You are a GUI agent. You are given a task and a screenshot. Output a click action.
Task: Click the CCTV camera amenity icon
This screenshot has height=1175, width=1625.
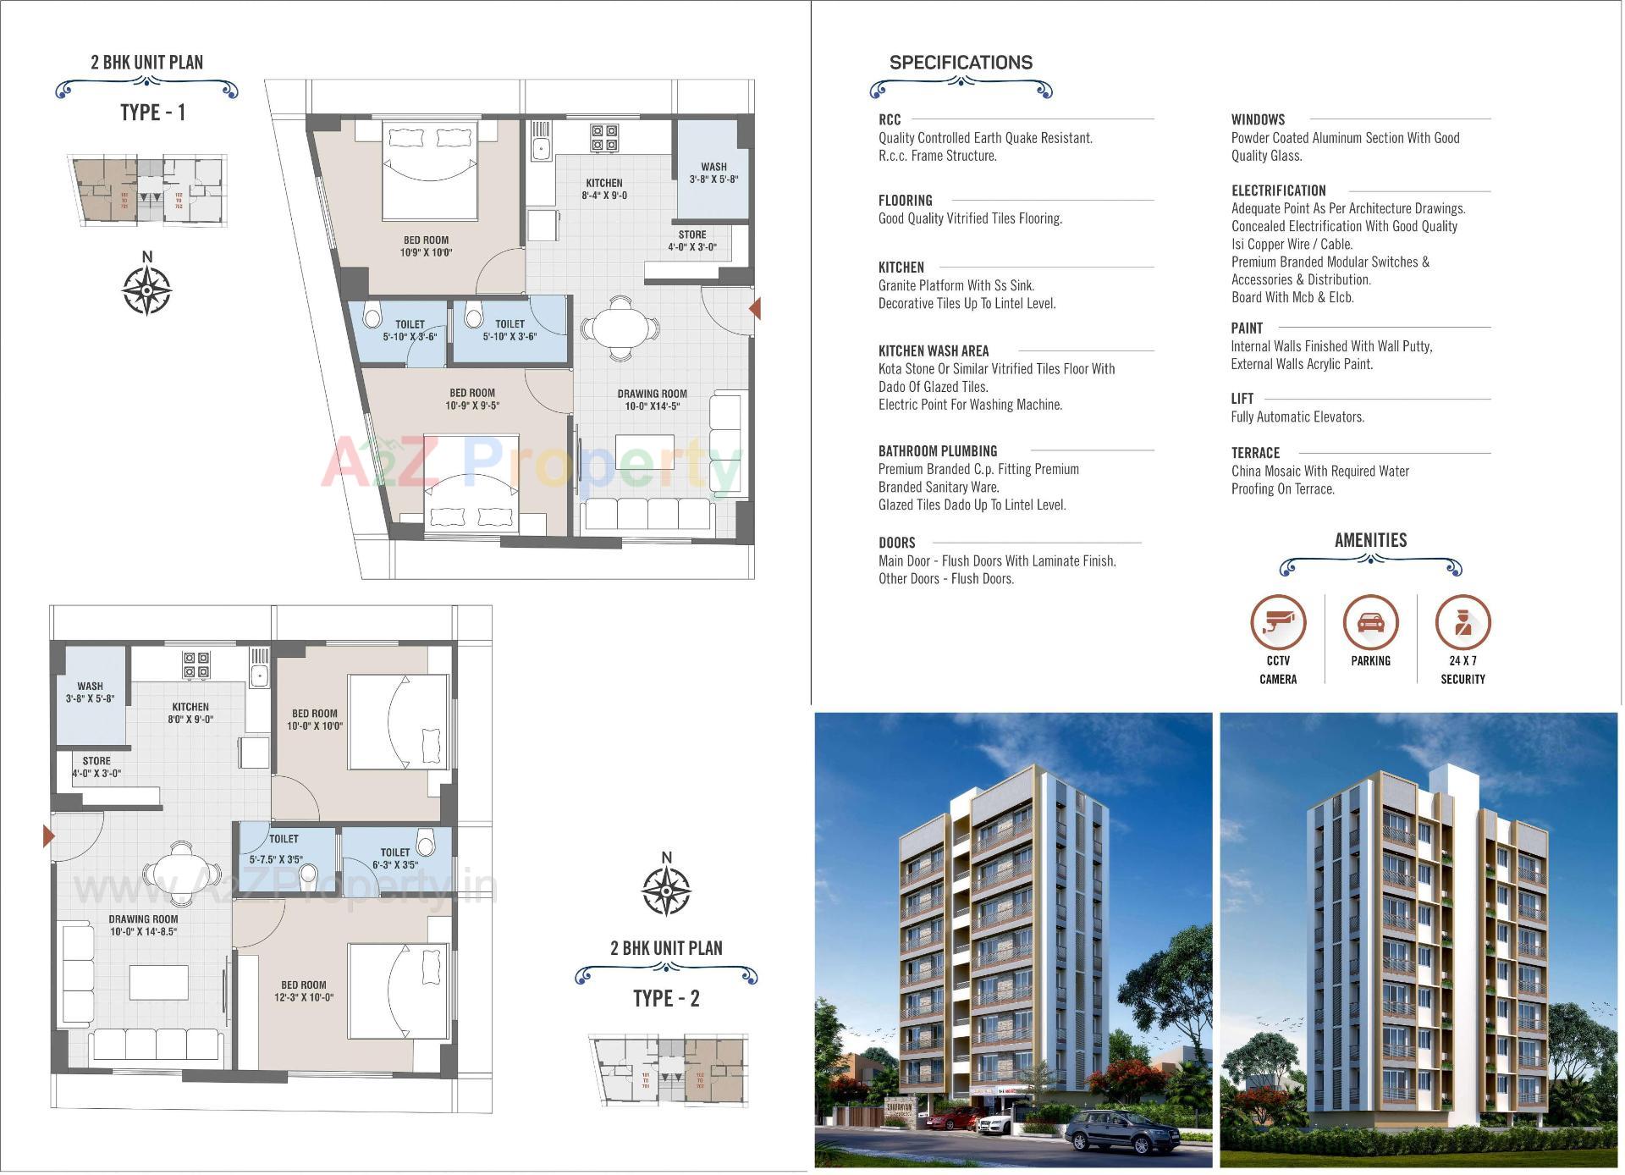[1278, 622]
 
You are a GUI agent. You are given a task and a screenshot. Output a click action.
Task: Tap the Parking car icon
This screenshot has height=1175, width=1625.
[1370, 622]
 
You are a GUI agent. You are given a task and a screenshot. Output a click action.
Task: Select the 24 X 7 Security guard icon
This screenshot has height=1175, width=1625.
[1462, 622]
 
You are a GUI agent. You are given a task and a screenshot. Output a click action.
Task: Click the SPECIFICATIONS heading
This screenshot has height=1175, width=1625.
[961, 63]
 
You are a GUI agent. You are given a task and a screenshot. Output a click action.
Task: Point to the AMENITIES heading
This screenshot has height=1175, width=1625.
[1370, 540]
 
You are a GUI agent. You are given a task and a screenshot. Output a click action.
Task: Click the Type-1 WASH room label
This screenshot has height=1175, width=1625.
[713, 167]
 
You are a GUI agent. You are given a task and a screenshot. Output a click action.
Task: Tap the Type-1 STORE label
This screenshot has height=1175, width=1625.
[691, 234]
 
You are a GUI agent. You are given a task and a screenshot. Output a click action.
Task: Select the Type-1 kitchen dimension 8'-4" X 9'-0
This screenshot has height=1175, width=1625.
[604, 196]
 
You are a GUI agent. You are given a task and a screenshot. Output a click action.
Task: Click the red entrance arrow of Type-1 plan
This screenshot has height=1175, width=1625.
[754, 309]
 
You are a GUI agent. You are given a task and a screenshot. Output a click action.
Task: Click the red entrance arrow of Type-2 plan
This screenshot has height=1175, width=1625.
[49, 837]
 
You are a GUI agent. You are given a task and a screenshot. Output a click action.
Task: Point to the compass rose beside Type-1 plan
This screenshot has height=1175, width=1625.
[147, 289]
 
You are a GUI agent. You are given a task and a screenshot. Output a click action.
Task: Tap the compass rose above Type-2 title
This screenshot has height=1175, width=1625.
[666, 889]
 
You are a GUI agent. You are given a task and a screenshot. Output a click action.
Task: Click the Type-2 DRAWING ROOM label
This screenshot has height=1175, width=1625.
[143, 918]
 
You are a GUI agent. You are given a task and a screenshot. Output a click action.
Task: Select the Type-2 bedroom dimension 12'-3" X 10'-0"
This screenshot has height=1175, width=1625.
[304, 997]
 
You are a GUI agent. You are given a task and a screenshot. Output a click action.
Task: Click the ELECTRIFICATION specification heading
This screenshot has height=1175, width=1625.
[1278, 190]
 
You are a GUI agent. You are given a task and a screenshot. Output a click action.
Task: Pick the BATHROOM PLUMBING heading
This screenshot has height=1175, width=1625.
[937, 451]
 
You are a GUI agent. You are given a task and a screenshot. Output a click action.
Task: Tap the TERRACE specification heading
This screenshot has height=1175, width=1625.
[1255, 453]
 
